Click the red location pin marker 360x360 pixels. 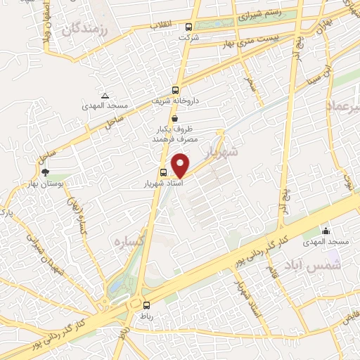coord(181,165)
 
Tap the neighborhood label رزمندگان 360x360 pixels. coord(87,30)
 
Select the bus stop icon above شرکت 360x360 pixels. coord(188,27)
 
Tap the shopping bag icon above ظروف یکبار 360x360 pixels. coord(163,119)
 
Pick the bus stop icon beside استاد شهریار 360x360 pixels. coord(163,172)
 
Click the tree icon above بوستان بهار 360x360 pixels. coord(46,171)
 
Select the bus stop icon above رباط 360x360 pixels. coord(146,305)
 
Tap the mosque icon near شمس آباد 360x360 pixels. coord(326,231)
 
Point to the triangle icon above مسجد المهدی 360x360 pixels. coord(105,95)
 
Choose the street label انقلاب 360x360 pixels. coord(163,25)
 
